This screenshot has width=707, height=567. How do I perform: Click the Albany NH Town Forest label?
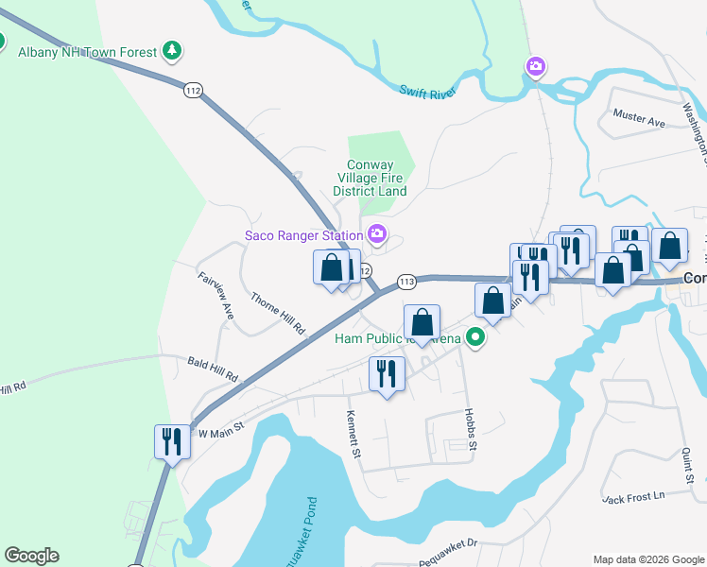click(x=87, y=51)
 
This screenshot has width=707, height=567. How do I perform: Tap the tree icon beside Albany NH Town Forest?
click(x=172, y=50)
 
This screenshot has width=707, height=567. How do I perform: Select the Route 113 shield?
click(x=407, y=282)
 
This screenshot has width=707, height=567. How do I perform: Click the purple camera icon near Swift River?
click(x=536, y=66)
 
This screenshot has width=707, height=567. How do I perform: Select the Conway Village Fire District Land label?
click(x=376, y=178)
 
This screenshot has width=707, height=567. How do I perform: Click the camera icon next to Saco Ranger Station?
click(x=377, y=233)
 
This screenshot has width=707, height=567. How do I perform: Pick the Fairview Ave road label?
click(x=215, y=294)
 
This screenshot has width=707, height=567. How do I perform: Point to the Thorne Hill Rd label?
click(x=278, y=314)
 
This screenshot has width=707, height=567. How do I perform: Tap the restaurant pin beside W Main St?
click(x=172, y=440)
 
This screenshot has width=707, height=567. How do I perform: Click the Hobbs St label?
click(x=469, y=428)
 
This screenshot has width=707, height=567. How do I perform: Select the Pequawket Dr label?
click(x=448, y=543)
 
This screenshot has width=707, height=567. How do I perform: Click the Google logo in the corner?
click(x=31, y=556)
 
